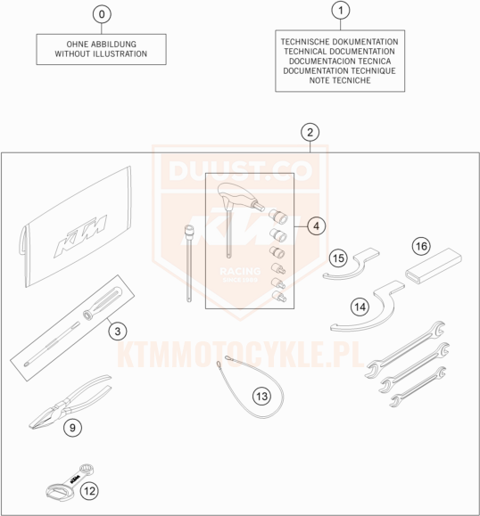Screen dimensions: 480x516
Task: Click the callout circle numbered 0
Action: (x=102, y=14)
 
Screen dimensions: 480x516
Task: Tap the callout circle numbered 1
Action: (x=340, y=10)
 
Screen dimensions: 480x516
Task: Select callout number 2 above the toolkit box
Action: (x=310, y=132)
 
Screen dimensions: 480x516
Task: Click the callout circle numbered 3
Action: (x=118, y=331)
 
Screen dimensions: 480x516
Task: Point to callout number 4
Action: (x=316, y=226)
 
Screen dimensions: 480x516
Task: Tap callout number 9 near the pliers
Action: (x=72, y=428)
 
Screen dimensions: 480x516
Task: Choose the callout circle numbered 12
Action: (x=89, y=491)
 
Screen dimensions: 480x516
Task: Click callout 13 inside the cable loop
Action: (x=262, y=397)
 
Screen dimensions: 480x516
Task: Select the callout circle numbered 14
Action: (x=360, y=307)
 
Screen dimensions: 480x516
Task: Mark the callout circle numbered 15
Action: (x=338, y=258)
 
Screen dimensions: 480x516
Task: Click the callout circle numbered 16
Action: (x=421, y=246)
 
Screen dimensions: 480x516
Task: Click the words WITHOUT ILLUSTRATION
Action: (x=101, y=54)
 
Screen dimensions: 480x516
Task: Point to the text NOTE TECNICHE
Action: (x=340, y=80)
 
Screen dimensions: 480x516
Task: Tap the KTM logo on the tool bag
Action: (x=80, y=235)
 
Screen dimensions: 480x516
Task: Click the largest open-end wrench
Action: (x=405, y=349)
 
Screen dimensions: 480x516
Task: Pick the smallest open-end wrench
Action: (x=418, y=387)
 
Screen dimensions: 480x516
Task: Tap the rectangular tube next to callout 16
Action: (x=434, y=266)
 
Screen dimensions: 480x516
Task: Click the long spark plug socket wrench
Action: (x=189, y=263)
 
